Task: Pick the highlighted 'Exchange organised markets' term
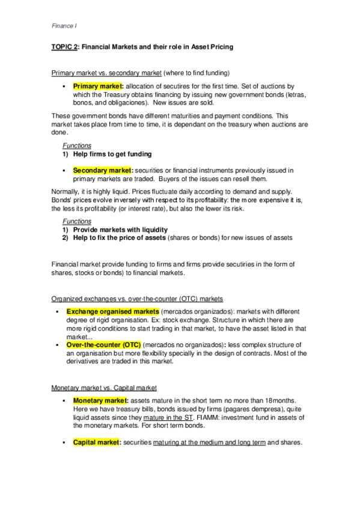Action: pos(112,311)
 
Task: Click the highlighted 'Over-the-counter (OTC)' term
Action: pos(103,345)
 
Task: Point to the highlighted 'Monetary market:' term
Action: pos(100,400)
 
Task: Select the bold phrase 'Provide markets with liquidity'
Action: pos(120,230)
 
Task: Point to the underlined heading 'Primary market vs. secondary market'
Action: pos(106,73)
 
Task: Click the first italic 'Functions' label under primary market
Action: pos(76,146)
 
